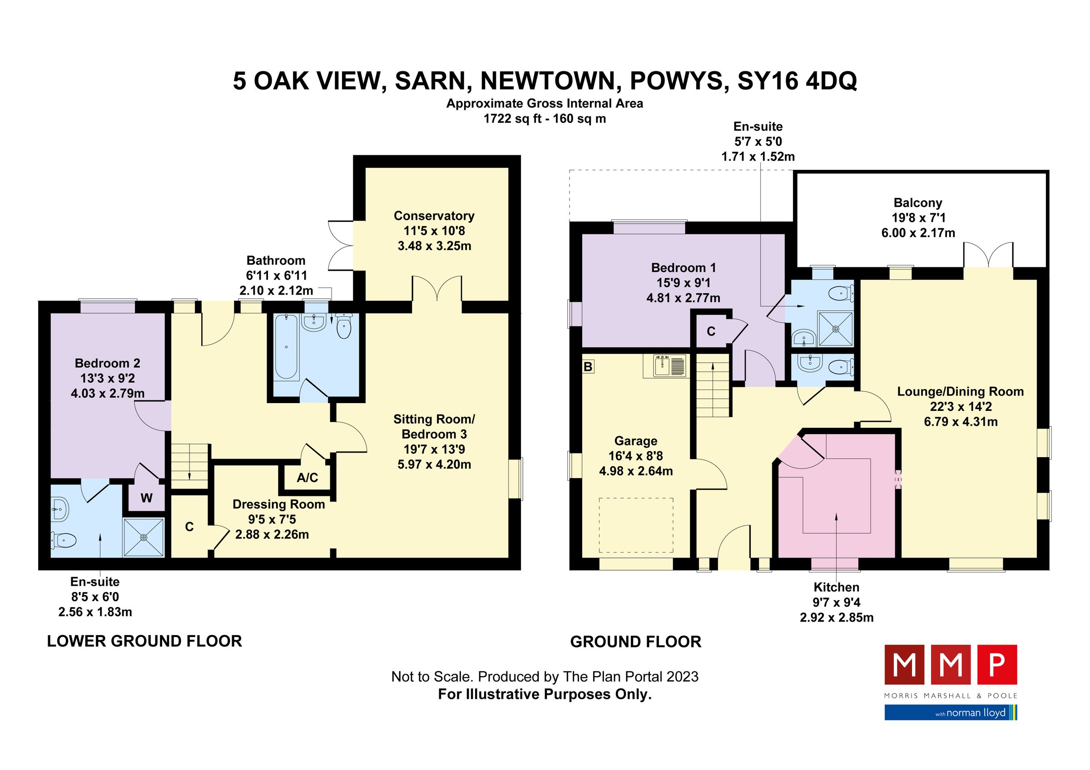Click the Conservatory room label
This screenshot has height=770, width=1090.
point(434,216)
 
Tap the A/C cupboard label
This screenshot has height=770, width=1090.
point(307,478)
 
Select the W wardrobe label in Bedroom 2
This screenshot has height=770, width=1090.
point(146,498)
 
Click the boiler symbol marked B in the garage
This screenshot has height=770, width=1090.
point(588,367)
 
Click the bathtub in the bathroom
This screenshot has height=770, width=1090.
point(286,347)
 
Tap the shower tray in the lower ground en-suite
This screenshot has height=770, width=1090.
point(144,537)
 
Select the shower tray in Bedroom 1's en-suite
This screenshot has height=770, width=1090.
point(836,328)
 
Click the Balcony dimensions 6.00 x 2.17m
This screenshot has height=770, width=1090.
point(918,233)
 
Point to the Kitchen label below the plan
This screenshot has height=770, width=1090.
point(836,587)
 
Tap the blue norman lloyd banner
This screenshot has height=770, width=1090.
point(951,713)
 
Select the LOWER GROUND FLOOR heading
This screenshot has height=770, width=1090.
point(144,642)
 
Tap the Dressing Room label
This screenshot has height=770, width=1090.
point(278,504)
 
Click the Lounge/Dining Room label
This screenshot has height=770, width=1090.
point(960,391)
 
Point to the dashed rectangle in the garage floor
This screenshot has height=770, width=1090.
point(636,525)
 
